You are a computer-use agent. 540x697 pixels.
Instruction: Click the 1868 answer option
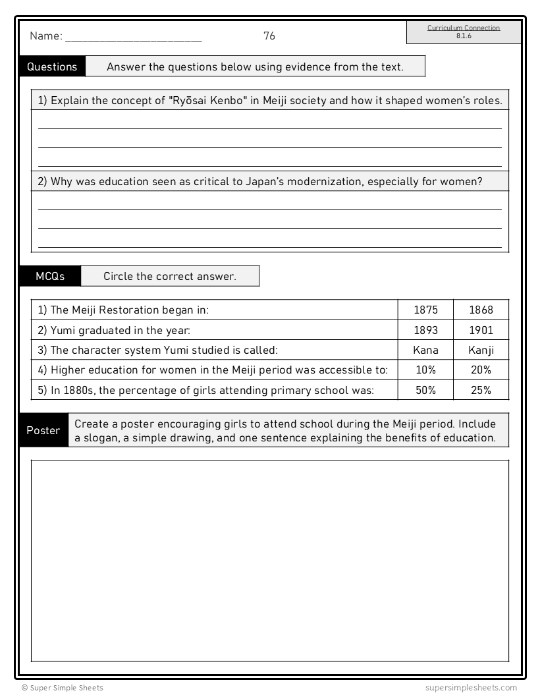click(x=481, y=310)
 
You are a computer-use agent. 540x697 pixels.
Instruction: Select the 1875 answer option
click(x=425, y=310)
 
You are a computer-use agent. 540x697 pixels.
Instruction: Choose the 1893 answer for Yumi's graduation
click(x=425, y=330)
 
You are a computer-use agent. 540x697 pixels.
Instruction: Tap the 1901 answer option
click(x=481, y=330)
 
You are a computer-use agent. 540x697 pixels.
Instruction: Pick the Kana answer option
click(x=425, y=350)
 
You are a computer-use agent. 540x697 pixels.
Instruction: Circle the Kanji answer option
click(x=481, y=350)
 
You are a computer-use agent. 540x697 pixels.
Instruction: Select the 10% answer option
click(x=425, y=370)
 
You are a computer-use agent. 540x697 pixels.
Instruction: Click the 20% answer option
click(x=481, y=370)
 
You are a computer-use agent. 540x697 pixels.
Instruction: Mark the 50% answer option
click(x=425, y=390)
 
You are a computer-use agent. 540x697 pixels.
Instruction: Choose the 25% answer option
click(x=481, y=390)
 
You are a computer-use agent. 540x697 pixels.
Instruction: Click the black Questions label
click(x=52, y=67)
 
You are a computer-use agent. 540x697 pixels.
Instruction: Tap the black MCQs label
click(x=50, y=276)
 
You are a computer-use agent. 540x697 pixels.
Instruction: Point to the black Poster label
click(x=43, y=430)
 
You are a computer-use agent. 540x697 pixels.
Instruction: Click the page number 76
click(x=269, y=36)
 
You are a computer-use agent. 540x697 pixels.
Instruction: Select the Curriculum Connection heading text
click(x=464, y=28)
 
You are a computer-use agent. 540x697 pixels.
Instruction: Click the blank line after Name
click(x=134, y=38)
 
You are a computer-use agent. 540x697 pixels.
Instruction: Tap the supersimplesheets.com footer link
click(x=472, y=688)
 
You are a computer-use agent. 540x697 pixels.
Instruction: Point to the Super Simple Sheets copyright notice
click(x=63, y=688)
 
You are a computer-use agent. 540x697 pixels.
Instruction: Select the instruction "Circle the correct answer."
click(x=169, y=276)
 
